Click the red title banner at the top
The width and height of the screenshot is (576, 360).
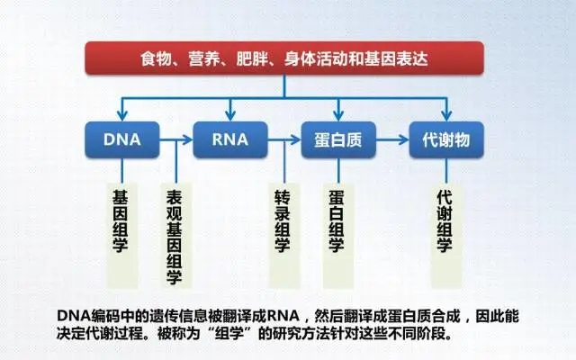point(284,58)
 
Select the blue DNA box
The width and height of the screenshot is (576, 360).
point(122,139)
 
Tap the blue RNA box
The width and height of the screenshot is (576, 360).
point(230,139)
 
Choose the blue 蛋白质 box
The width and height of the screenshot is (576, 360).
point(338,139)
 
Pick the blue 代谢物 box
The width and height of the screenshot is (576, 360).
point(446,139)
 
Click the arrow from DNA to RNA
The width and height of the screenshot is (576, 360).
point(176,139)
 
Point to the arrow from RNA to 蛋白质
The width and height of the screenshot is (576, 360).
point(284,139)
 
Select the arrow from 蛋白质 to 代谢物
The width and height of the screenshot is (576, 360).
point(392,139)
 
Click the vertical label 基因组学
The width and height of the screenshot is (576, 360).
point(120,221)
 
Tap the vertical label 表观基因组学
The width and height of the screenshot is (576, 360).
point(174,237)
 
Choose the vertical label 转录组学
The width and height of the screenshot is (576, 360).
point(282,221)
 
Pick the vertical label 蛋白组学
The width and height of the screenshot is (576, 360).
point(336,221)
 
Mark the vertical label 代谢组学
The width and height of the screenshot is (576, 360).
point(444,221)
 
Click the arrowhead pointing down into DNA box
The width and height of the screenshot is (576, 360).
point(122,115)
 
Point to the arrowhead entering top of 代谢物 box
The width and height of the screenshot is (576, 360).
point(446,115)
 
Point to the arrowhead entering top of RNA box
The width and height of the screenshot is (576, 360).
point(230,115)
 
